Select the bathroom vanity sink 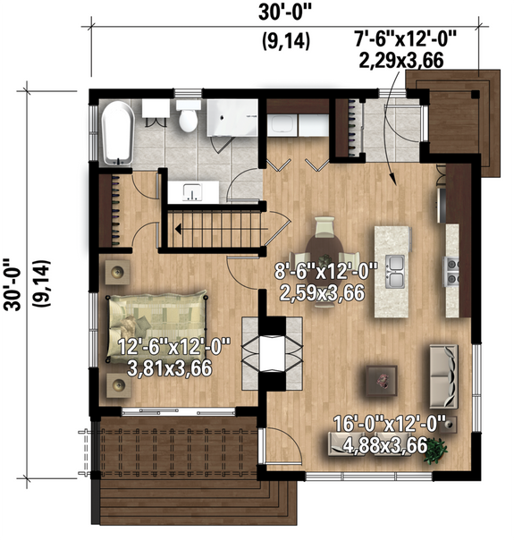point(192,190)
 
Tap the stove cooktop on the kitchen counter point(451,265)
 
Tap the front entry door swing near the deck point(276,446)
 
